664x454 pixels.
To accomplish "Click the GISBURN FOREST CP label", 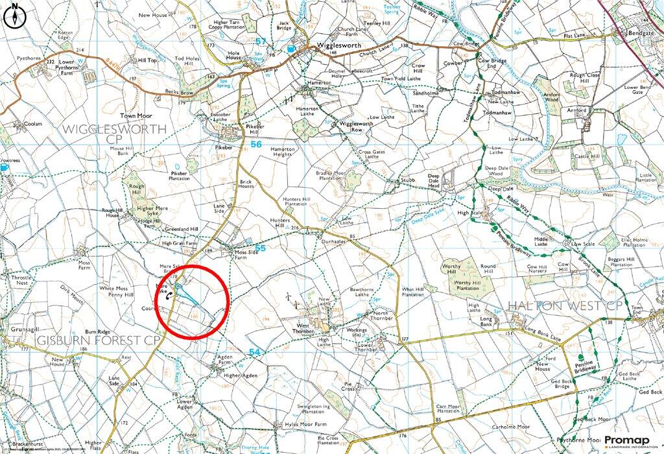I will [x=90, y=340].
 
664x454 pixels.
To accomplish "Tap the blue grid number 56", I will [x=257, y=145].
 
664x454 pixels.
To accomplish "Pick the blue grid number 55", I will [x=259, y=248].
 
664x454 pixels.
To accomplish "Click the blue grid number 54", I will [x=255, y=352].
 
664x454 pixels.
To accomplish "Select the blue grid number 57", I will [x=261, y=42].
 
